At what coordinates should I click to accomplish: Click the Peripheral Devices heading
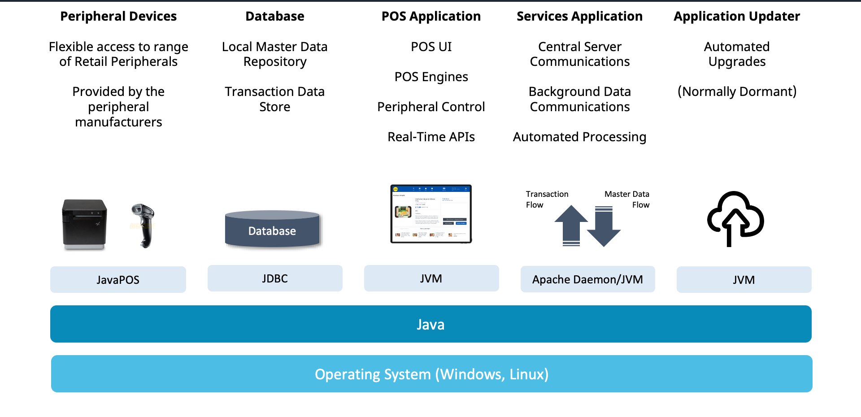(x=118, y=17)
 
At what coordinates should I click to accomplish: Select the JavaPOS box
(x=118, y=280)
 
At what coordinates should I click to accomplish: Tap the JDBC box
(x=275, y=278)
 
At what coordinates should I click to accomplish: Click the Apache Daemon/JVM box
(x=587, y=279)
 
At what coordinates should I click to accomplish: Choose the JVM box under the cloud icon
(x=744, y=280)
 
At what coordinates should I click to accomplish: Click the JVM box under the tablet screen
(x=431, y=278)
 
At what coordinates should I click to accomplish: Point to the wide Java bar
(x=430, y=324)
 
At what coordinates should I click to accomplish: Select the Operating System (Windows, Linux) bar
(x=431, y=374)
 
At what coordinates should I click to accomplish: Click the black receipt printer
(x=85, y=224)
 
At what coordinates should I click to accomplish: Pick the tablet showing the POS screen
(x=431, y=214)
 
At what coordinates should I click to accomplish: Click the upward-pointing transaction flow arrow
(x=571, y=224)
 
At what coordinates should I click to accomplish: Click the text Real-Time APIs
(x=431, y=137)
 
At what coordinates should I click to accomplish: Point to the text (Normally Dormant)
(x=737, y=91)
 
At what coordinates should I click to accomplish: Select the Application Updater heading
(x=737, y=17)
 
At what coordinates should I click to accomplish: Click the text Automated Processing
(x=579, y=137)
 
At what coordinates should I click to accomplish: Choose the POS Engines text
(x=431, y=77)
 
